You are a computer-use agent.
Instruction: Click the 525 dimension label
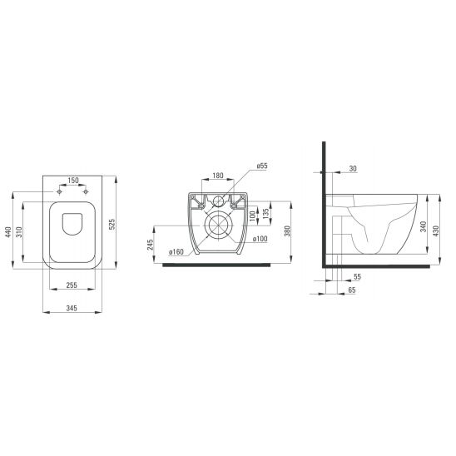112,224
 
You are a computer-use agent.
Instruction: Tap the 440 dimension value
8,232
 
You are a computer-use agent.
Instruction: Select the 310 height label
19,232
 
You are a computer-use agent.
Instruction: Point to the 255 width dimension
72,285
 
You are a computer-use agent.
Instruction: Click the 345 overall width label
72,308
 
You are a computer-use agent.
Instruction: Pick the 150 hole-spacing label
73,181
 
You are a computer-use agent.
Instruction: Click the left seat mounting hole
59,192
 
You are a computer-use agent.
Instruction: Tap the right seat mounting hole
86,192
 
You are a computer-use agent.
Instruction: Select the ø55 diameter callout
262,166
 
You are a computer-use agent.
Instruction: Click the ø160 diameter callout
176,252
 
